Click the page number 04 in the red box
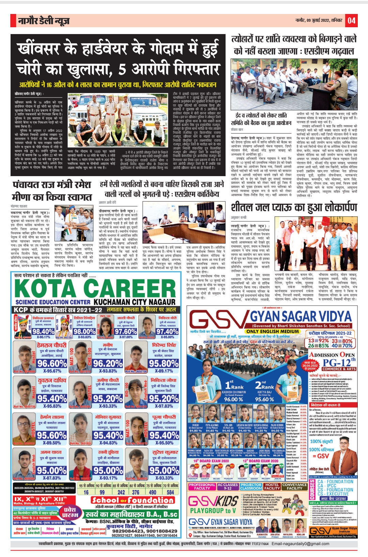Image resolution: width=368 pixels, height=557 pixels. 351,21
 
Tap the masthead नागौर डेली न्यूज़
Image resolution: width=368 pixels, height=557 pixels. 44,21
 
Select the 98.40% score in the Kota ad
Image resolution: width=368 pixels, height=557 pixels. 43,331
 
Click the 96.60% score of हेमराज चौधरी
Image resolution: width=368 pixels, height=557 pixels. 52,363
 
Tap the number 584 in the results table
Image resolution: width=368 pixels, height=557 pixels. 170,492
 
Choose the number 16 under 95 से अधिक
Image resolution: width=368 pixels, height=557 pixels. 86,492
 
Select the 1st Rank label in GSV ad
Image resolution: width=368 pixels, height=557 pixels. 234,385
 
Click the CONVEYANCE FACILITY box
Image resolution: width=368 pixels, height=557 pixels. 294,486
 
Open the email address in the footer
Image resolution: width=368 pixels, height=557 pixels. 301,544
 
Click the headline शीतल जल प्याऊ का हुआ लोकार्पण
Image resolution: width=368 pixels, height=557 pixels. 294,207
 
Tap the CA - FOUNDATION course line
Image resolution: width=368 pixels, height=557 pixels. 335,482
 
